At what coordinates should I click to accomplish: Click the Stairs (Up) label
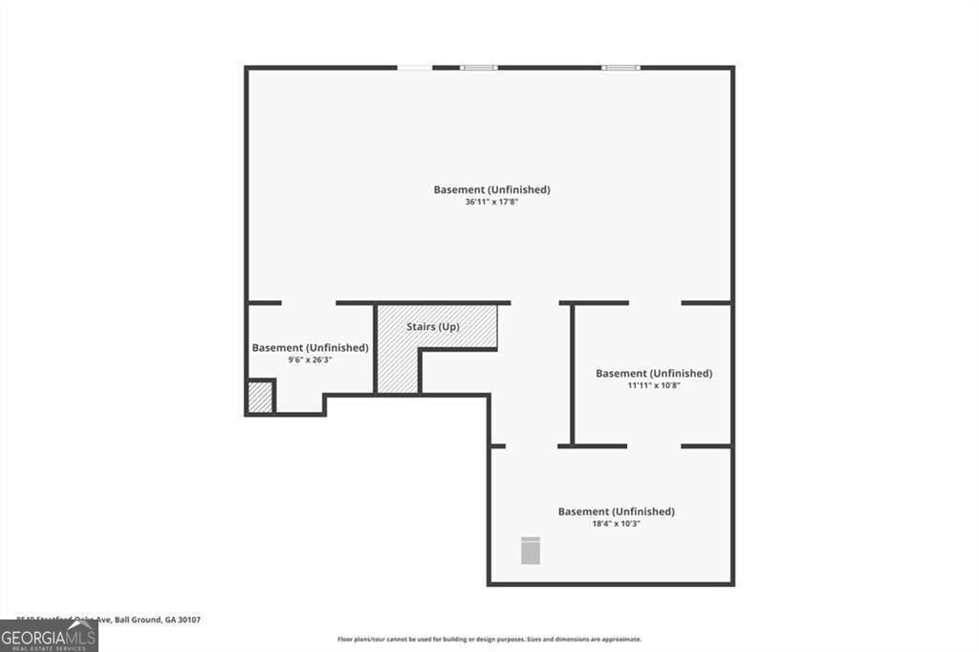tap(433, 327)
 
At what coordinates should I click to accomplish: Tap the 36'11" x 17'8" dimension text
tap(491, 203)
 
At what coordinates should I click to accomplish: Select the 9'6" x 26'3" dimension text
tap(310, 360)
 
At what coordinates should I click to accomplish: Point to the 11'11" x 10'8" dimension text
tap(653, 385)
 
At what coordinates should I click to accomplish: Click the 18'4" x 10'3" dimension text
tap(616, 524)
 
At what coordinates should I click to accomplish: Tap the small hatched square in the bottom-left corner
tap(260, 397)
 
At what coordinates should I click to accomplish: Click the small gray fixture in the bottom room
tap(531, 551)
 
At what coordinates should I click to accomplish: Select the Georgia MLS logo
tap(49, 636)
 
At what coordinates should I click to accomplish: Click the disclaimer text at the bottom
tap(489, 639)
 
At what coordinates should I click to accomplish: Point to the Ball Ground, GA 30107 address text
tap(158, 619)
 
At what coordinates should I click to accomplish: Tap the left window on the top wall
tap(478, 68)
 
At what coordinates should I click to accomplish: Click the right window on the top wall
tap(620, 68)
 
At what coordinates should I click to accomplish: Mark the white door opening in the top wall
tap(414, 68)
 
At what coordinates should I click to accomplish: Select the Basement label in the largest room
tap(491, 189)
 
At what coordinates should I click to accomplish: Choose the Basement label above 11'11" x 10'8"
tap(653, 373)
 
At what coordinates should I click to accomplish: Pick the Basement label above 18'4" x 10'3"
tap(616, 511)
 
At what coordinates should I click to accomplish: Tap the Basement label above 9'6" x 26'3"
tap(310, 348)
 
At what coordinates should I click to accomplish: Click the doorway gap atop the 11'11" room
tap(655, 303)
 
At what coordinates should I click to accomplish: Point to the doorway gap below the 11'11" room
tap(654, 446)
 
